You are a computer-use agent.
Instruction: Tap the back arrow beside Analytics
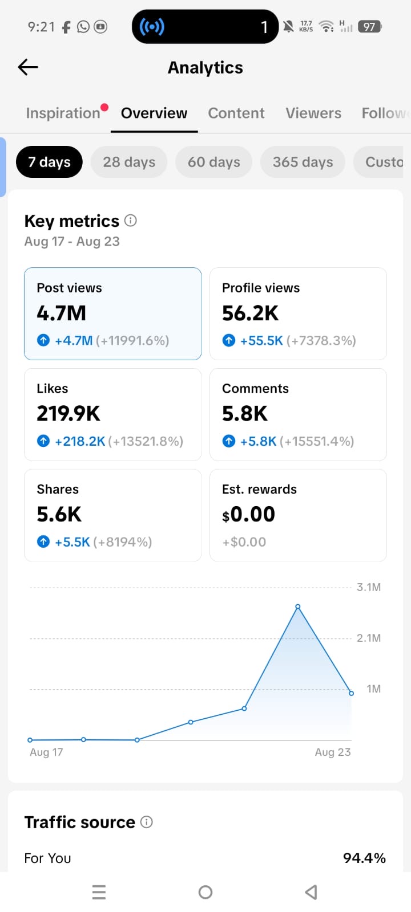tap(28, 67)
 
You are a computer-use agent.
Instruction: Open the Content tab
tap(236, 113)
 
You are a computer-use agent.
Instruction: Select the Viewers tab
tap(313, 113)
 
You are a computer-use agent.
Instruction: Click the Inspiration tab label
tap(63, 113)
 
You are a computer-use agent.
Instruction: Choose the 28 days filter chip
tap(129, 162)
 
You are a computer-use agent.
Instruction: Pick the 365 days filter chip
tap(303, 162)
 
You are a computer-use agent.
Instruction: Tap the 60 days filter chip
tap(213, 162)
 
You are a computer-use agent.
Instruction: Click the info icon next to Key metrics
tap(131, 221)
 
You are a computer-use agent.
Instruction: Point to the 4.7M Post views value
tap(61, 313)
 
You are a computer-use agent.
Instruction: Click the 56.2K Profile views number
tap(250, 313)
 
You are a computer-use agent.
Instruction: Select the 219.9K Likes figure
tap(68, 413)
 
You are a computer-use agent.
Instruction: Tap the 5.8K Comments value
tap(245, 413)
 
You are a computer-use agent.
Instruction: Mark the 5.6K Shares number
tap(59, 514)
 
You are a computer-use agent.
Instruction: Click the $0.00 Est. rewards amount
tap(248, 514)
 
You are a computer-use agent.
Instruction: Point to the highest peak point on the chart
tap(298, 606)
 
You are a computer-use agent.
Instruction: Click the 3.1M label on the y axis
tap(369, 587)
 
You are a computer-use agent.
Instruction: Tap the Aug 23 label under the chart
tap(333, 752)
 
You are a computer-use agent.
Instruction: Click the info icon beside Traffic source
tap(146, 822)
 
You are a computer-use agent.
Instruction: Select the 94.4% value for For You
tap(364, 858)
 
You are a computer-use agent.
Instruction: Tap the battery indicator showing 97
tap(369, 27)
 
